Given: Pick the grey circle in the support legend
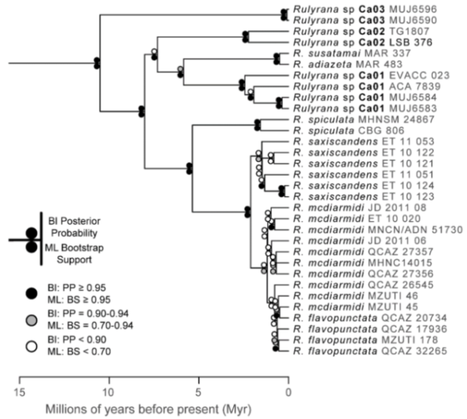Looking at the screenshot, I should (x=31, y=313).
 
